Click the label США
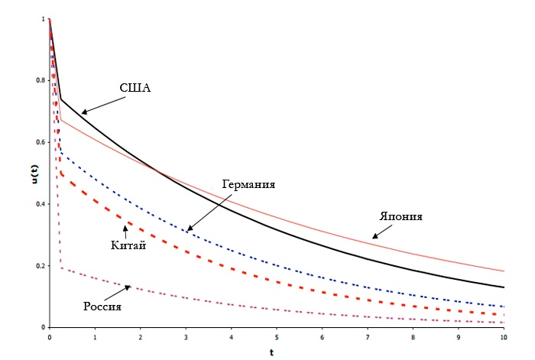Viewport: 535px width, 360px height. (135, 88)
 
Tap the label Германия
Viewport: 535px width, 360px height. (249, 185)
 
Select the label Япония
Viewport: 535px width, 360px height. (401, 216)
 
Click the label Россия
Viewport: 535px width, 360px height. (102, 306)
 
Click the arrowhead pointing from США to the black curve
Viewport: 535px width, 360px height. (83, 112)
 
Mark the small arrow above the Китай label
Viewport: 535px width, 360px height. (124, 229)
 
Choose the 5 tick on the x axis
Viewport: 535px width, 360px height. (276, 336)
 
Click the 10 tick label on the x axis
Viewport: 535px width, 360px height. (503, 336)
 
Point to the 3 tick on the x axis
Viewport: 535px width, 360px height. (185, 336)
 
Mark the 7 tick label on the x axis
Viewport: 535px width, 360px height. (367, 336)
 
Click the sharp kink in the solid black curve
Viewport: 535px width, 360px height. (61, 99)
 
